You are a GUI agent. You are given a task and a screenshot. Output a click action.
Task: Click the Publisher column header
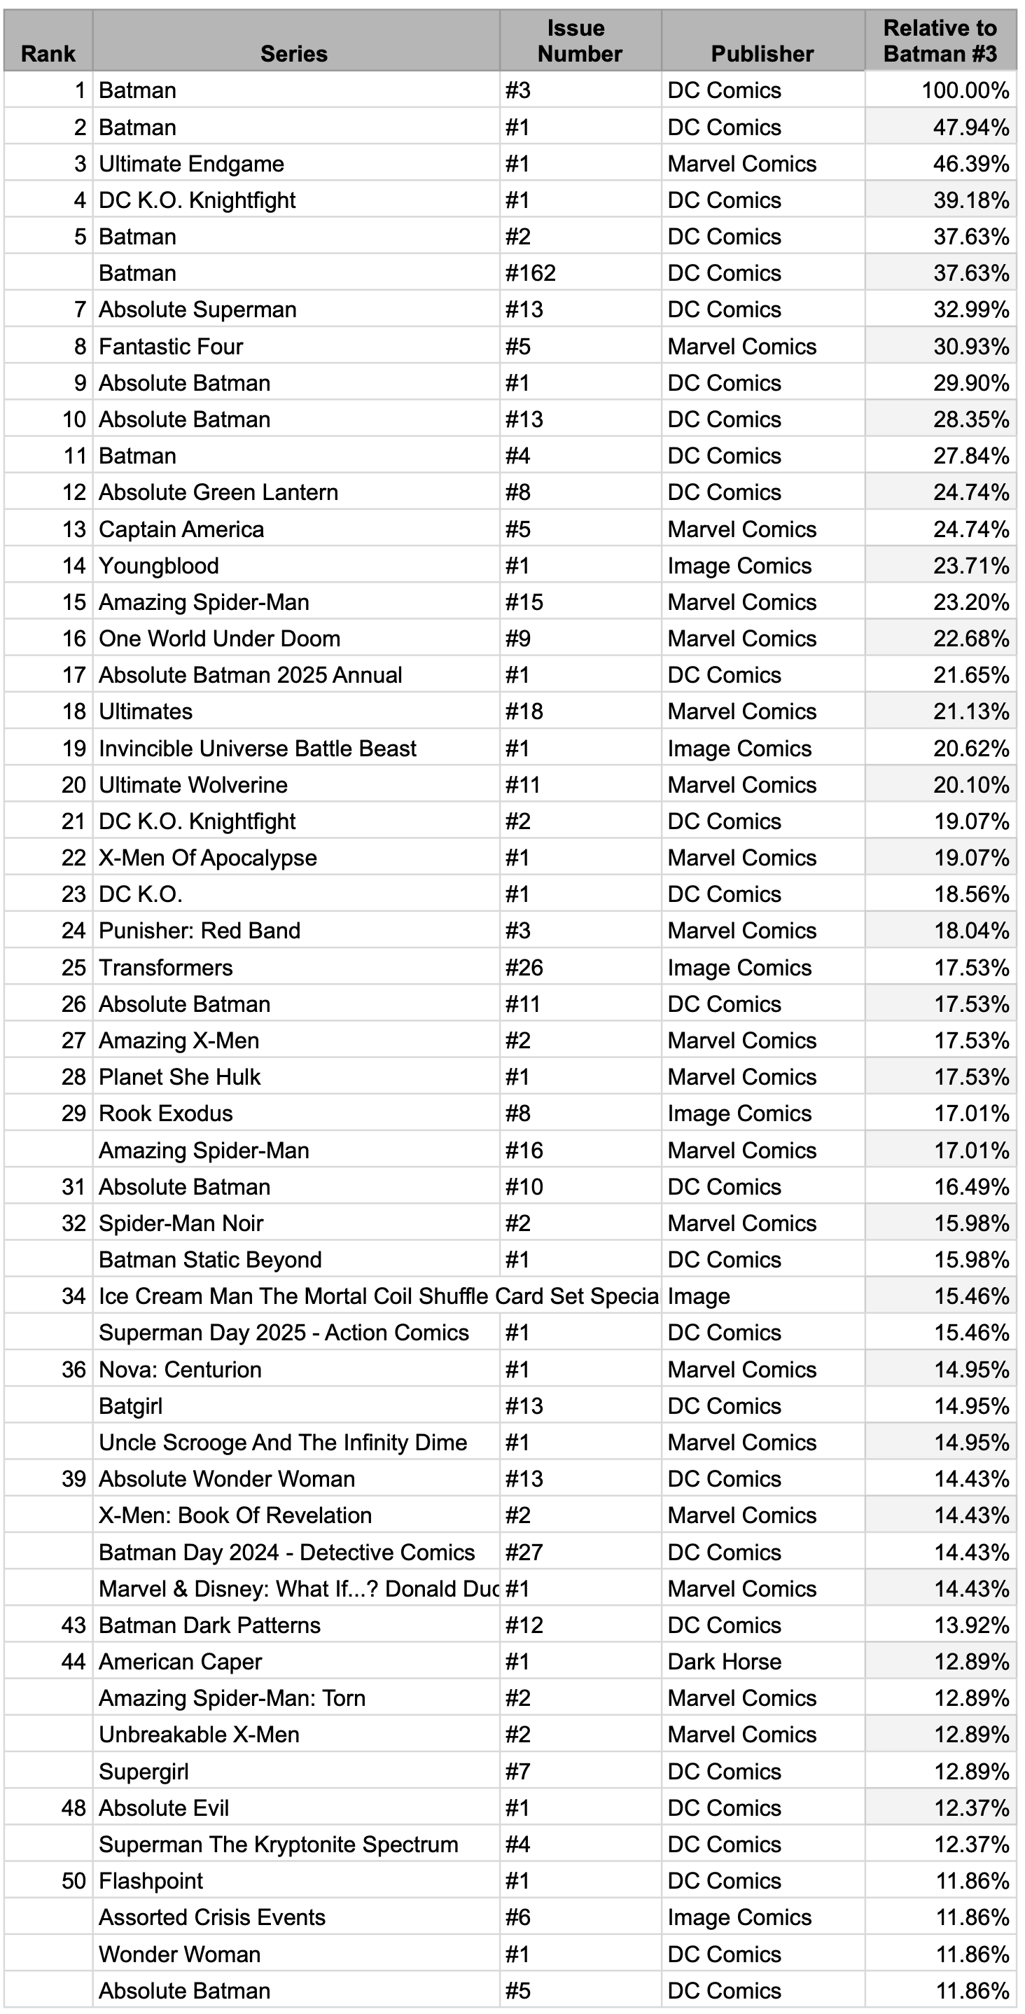click(x=762, y=53)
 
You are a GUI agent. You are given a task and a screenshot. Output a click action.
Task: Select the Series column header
click(x=294, y=53)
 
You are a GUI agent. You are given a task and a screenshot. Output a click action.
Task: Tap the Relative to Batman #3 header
click(x=940, y=41)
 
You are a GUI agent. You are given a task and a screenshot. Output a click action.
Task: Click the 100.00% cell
click(x=965, y=91)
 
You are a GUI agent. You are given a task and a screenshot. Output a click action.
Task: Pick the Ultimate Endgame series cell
click(x=192, y=164)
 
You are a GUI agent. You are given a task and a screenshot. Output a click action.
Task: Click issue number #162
click(x=530, y=274)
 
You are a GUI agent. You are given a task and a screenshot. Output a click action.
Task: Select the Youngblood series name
click(x=159, y=566)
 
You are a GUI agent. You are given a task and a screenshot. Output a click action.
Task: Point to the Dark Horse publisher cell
click(x=724, y=1661)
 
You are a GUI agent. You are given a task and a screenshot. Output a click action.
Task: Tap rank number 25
click(x=74, y=968)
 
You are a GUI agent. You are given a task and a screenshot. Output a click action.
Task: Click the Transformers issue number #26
click(x=524, y=968)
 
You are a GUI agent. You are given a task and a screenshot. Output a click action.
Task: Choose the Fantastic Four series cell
click(x=172, y=347)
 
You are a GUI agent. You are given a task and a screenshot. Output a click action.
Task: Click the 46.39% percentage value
click(x=970, y=164)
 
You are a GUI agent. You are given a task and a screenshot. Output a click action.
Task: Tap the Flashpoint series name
click(x=151, y=1881)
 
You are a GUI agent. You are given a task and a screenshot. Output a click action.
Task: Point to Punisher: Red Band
click(x=200, y=931)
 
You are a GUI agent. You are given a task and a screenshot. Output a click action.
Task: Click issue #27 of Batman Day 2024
click(x=524, y=1553)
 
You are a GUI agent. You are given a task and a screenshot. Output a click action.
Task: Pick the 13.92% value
click(x=970, y=1625)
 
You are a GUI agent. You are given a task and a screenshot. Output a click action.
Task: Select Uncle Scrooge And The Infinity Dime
click(x=283, y=1443)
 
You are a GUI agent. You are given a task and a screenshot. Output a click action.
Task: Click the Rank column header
click(x=48, y=53)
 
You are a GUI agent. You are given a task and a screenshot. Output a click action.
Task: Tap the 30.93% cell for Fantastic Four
click(x=970, y=347)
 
